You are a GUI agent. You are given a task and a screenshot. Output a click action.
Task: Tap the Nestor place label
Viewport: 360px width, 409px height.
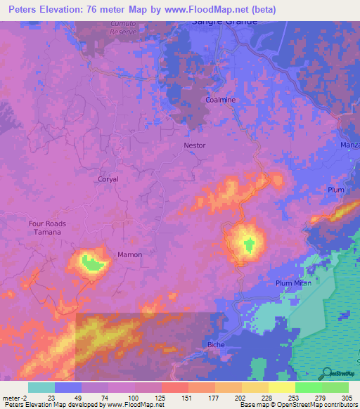coord(195,145)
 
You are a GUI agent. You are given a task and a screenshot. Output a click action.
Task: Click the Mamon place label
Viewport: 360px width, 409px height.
coord(129,254)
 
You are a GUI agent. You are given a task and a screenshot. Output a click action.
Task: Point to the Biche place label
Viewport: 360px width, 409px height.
coord(216,344)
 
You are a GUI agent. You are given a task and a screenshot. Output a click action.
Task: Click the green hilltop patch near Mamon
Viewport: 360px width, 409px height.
coord(91,263)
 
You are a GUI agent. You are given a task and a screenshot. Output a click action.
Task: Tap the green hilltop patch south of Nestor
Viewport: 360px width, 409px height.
coord(248,245)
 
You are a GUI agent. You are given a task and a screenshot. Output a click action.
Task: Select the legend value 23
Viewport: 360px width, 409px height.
coord(41,397)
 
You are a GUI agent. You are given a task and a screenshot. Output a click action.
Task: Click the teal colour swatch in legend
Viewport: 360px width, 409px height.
coord(41,387)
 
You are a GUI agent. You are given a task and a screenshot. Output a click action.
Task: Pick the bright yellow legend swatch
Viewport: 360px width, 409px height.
coord(281,387)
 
